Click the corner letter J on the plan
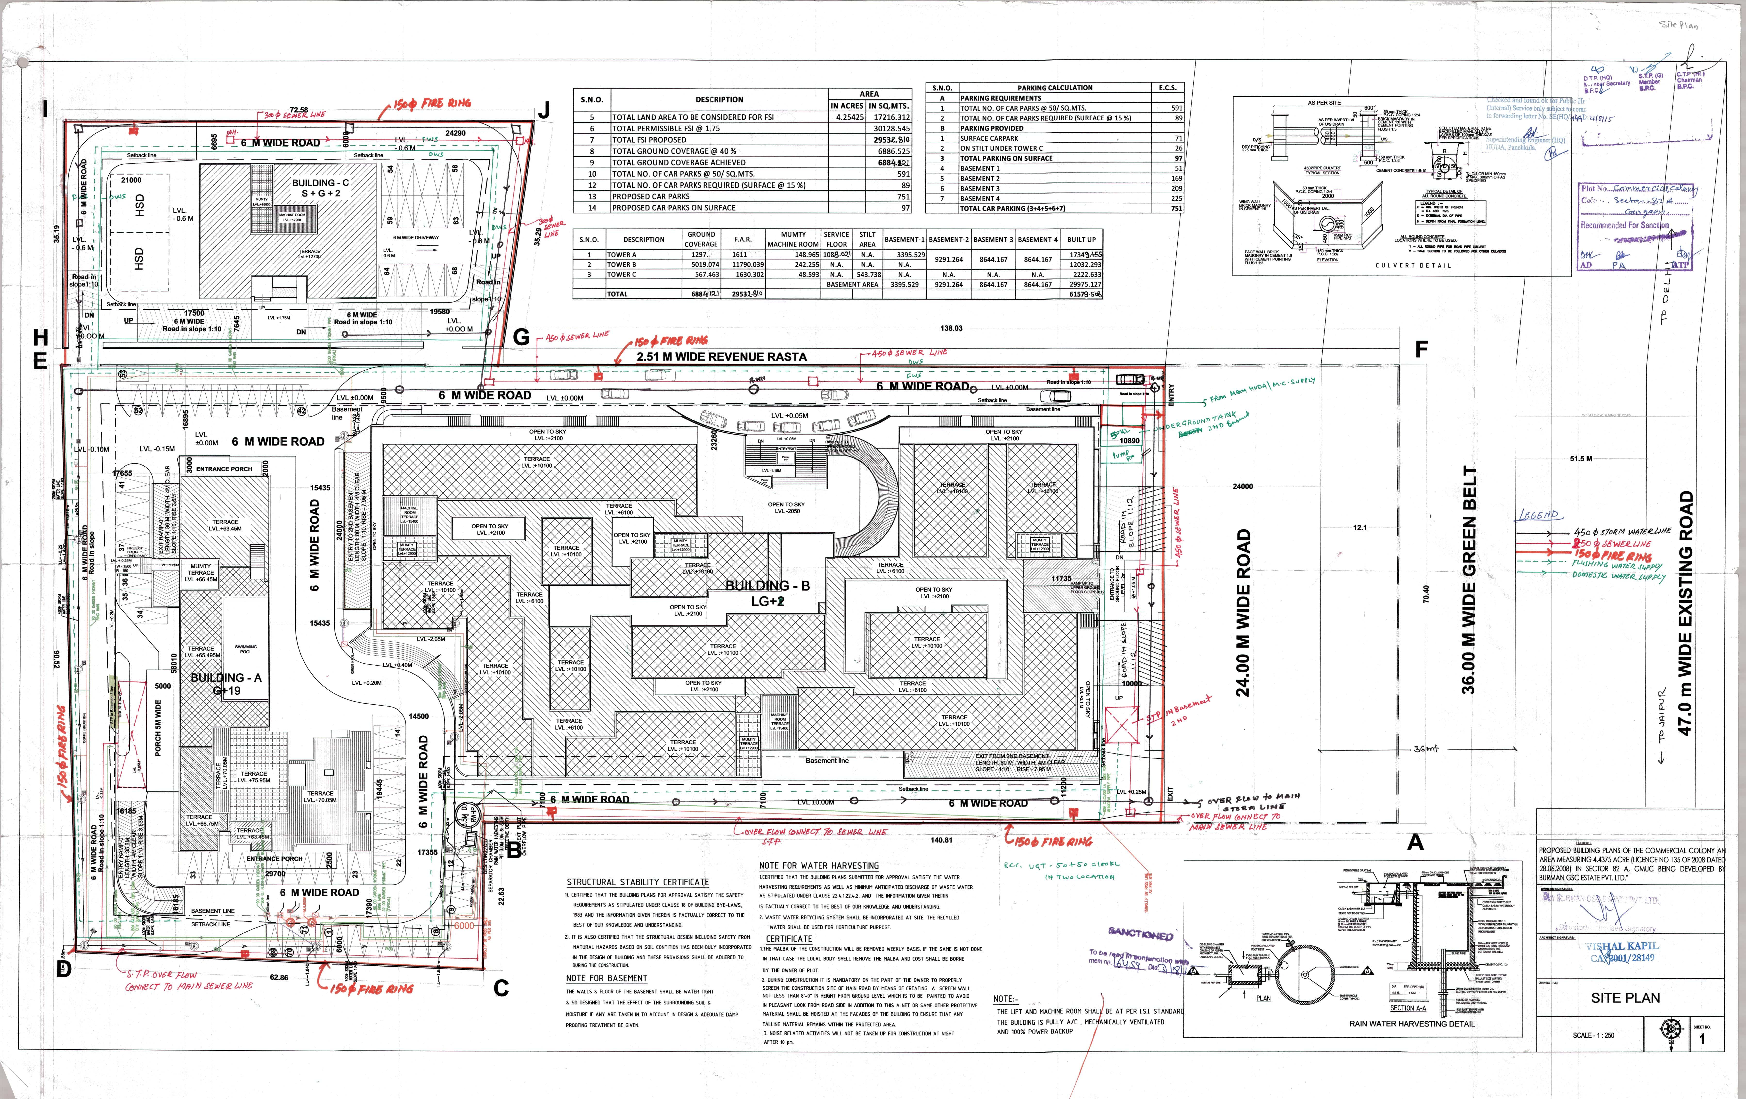tap(543, 110)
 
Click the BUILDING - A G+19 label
tap(226, 683)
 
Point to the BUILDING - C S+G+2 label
tap(321, 188)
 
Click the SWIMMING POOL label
tap(246, 649)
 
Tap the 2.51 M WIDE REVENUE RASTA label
tap(721, 357)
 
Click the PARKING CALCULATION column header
tap(1055, 88)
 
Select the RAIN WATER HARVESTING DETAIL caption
tap(1411, 1024)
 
